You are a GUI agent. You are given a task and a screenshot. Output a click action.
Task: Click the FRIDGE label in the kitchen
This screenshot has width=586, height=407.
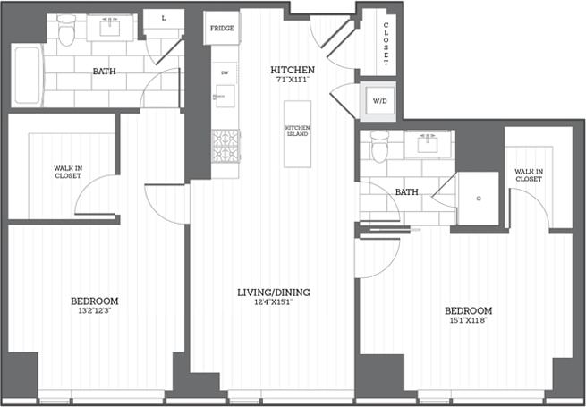click(222, 29)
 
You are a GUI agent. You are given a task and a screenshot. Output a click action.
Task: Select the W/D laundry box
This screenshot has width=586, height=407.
click(379, 101)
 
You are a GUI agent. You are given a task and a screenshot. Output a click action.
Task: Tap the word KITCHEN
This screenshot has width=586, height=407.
click(292, 69)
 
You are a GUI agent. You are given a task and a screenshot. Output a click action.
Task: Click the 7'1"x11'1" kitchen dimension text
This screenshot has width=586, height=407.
click(292, 81)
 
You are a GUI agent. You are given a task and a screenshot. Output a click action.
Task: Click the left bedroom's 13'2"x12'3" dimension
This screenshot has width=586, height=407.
click(94, 312)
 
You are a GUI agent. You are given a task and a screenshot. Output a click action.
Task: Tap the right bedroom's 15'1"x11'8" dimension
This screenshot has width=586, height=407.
click(468, 322)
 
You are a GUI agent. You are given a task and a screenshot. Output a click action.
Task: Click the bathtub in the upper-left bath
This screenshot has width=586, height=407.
click(27, 76)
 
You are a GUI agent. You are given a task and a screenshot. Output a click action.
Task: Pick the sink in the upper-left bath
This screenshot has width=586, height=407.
click(111, 27)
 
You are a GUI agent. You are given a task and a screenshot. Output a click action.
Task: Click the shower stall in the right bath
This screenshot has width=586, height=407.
click(479, 199)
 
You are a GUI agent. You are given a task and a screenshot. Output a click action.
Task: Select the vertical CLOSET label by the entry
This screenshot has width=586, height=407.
click(386, 44)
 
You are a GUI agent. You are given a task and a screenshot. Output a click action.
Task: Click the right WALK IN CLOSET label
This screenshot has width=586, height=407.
click(528, 175)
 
